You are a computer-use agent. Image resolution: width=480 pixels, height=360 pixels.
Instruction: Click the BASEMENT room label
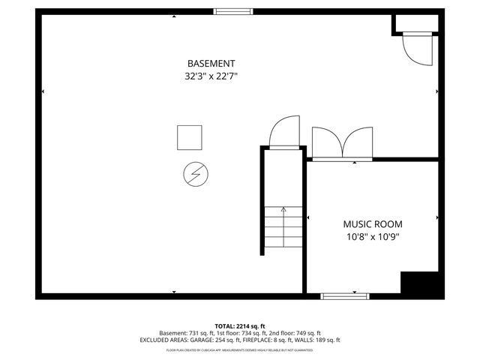(211, 64)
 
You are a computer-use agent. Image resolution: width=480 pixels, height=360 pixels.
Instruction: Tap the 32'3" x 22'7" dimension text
(211, 76)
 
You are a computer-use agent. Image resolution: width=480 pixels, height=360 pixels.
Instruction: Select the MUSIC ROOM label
(373, 224)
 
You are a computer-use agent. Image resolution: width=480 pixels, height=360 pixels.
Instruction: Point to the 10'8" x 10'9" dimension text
(373, 237)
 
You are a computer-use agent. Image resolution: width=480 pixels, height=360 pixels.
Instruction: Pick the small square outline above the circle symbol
(189, 137)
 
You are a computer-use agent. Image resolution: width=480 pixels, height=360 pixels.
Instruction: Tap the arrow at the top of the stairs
(283, 211)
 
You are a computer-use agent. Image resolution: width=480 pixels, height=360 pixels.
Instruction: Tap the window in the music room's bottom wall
(345, 296)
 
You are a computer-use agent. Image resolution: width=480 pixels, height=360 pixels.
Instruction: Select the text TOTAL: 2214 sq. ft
(240, 326)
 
